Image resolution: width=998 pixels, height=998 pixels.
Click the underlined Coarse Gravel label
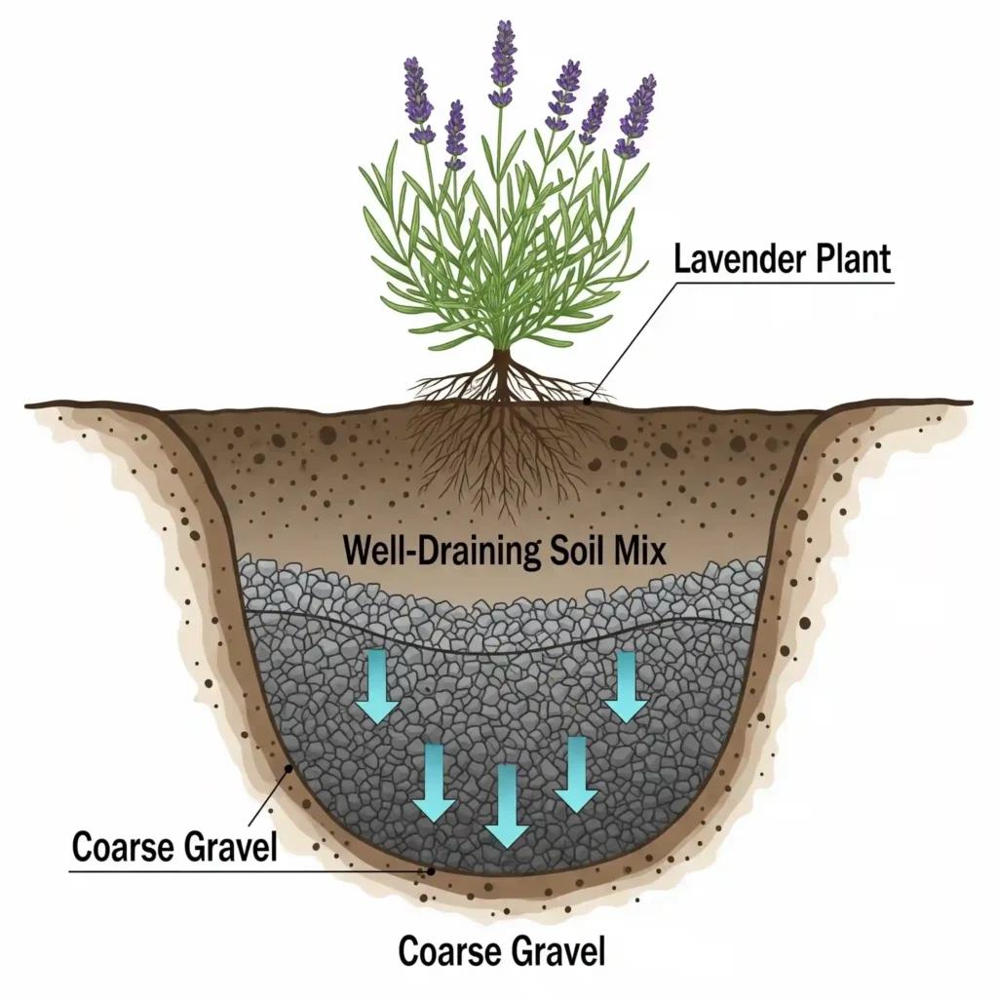[x=174, y=846]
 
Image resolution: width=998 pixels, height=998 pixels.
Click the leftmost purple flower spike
[x=417, y=97]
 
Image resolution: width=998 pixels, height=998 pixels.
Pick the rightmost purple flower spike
[x=638, y=115]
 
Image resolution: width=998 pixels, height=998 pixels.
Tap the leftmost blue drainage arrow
[x=377, y=687]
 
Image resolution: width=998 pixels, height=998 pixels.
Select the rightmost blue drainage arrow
[x=626, y=686]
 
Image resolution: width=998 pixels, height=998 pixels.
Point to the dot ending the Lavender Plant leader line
[x=587, y=399]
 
